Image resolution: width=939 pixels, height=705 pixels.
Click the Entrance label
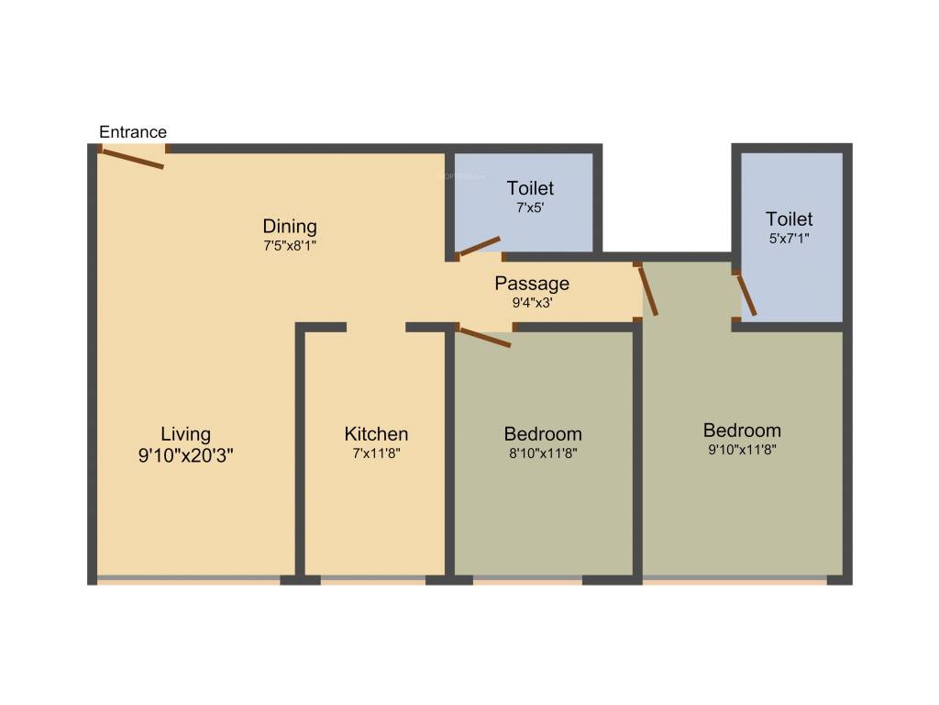click(133, 132)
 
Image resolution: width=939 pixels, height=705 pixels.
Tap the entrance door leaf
click(132, 159)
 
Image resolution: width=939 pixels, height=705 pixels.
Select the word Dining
click(290, 226)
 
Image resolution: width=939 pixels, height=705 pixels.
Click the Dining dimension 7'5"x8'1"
click(290, 246)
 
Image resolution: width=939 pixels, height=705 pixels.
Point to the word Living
click(185, 434)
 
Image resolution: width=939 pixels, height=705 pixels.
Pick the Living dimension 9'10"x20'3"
click(185, 455)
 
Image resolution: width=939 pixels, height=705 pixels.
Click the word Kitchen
click(376, 434)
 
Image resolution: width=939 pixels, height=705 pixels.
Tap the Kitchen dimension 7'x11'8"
click(376, 453)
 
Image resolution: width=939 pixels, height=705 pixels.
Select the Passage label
click(532, 283)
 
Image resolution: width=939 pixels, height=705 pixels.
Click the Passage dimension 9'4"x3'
click(532, 302)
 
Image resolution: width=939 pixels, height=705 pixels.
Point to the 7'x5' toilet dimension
click(530, 208)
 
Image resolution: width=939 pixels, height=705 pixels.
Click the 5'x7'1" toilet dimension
click(790, 239)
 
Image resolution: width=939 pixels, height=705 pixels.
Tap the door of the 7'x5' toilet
click(480, 245)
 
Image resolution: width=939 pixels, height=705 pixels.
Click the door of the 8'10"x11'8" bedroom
click(484, 337)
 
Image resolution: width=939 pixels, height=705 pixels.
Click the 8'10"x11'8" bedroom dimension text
click(543, 453)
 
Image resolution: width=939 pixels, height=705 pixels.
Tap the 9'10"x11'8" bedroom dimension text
click(742, 450)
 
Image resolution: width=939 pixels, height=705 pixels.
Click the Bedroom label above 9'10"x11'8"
click(742, 430)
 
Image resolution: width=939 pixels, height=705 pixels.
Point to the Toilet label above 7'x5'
click(530, 189)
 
